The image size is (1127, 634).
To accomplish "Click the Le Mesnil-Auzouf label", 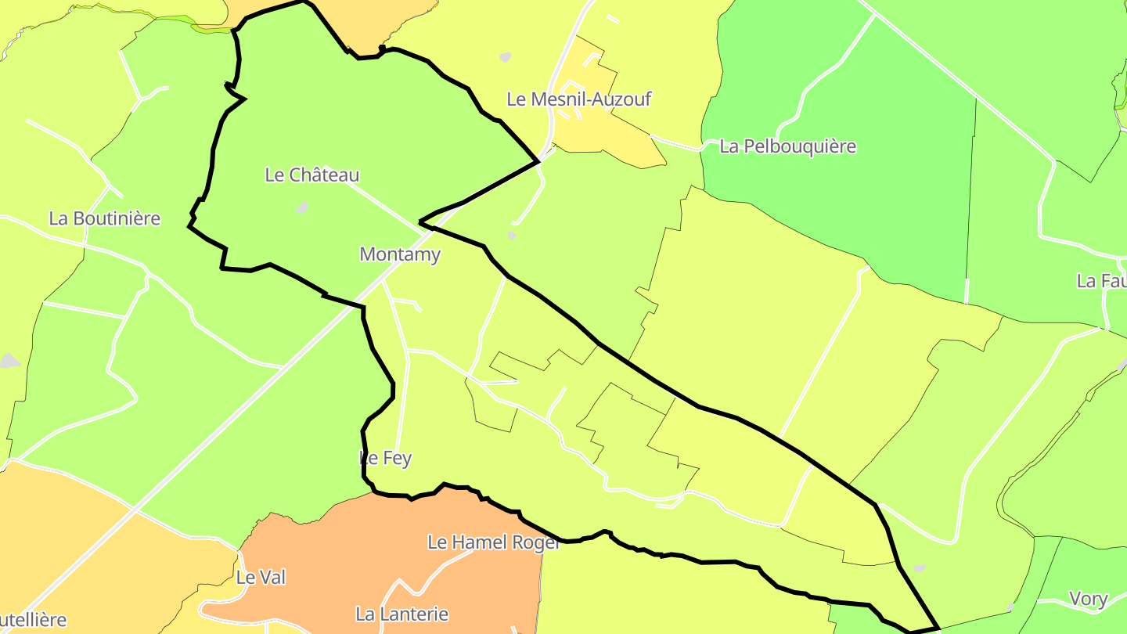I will click(578, 99).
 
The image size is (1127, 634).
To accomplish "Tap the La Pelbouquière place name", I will click(787, 146).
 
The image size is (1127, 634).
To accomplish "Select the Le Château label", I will click(311, 175).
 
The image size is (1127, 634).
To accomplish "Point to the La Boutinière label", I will click(104, 218).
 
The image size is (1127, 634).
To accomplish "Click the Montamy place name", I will click(399, 254).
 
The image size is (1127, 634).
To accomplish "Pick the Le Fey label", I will click(385, 459).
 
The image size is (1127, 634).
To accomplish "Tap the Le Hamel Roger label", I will click(493, 542).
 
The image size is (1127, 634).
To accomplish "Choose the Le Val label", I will click(261, 578).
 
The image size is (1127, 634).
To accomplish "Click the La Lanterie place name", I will click(401, 614).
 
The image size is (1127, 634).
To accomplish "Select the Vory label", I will click(1088, 600).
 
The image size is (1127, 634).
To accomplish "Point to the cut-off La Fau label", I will click(1101, 280).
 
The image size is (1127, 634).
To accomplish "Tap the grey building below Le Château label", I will click(301, 207).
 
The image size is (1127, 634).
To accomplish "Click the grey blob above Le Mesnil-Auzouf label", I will click(505, 57).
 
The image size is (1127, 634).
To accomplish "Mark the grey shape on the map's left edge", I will click(9, 361).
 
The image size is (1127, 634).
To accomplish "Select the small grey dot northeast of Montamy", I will click(511, 235).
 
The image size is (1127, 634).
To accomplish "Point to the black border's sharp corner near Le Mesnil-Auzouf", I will click(538, 161).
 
